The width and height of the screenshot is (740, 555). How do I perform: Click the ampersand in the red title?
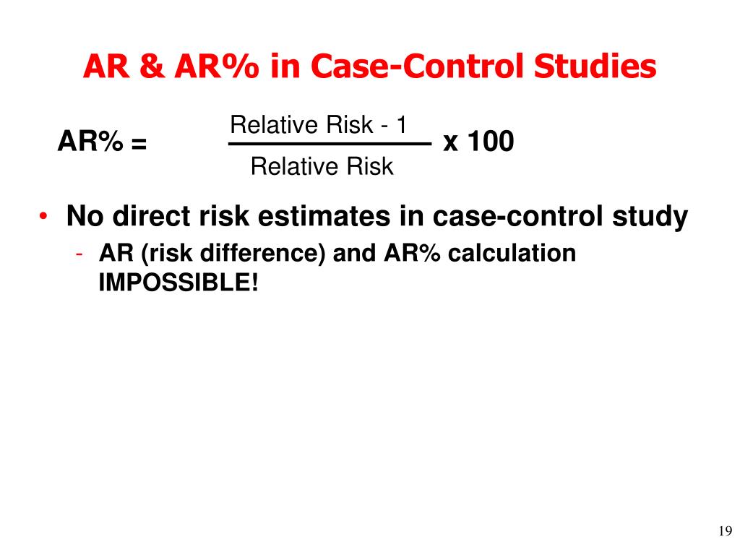tap(152, 66)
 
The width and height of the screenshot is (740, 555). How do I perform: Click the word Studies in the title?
tap(595, 66)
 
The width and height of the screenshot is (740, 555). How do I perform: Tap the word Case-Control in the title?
tap(417, 66)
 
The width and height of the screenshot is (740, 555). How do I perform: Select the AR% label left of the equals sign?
tap(90, 141)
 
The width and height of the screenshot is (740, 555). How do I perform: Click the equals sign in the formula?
tap(139, 143)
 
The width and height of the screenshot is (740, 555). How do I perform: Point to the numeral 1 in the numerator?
tap(402, 125)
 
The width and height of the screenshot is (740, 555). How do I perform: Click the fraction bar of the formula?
tap(330, 144)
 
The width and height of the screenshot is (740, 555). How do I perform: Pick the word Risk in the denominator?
tap(370, 166)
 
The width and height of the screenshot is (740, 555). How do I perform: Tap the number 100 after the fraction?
tap(491, 141)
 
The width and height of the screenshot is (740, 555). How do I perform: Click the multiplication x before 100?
tap(451, 142)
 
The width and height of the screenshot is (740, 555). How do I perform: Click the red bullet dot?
tap(43, 216)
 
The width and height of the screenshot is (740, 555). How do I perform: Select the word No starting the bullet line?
tap(85, 216)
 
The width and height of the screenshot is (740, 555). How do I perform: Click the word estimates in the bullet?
tap(324, 216)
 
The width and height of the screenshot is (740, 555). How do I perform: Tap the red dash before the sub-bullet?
tap(79, 254)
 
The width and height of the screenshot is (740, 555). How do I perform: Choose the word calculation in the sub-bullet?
tap(512, 254)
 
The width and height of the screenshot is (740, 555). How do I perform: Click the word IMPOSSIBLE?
tap(178, 283)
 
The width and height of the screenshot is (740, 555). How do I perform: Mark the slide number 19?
tap(726, 531)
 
